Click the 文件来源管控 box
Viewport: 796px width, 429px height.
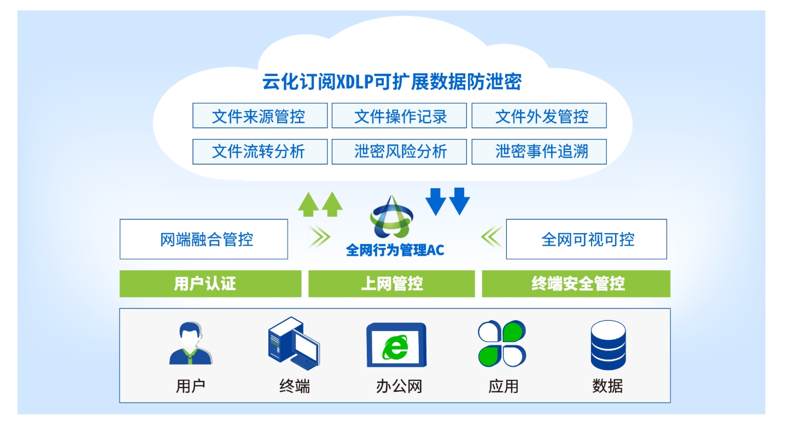(x=260, y=115)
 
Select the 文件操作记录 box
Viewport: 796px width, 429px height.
(x=399, y=115)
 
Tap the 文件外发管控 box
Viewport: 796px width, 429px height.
(x=539, y=115)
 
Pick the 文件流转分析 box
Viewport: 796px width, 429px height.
(x=260, y=152)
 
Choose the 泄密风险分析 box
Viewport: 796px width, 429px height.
(x=399, y=152)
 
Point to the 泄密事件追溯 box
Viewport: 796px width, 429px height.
(x=539, y=152)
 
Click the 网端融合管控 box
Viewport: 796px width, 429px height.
(x=203, y=239)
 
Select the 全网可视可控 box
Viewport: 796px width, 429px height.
(x=586, y=239)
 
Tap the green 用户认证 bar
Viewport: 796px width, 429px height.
(x=210, y=283)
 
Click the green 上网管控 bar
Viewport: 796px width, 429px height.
(x=391, y=283)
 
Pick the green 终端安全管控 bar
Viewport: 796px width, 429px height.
(x=576, y=283)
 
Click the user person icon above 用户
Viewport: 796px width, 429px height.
(x=191, y=343)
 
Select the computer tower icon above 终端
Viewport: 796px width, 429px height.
(x=294, y=343)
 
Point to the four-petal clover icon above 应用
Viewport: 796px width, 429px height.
(x=502, y=343)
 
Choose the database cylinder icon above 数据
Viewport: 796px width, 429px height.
(x=608, y=345)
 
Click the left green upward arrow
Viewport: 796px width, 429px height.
(x=308, y=205)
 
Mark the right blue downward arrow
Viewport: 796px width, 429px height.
(x=459, y=201)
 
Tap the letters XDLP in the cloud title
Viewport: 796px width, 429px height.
(x=354, y=82)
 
